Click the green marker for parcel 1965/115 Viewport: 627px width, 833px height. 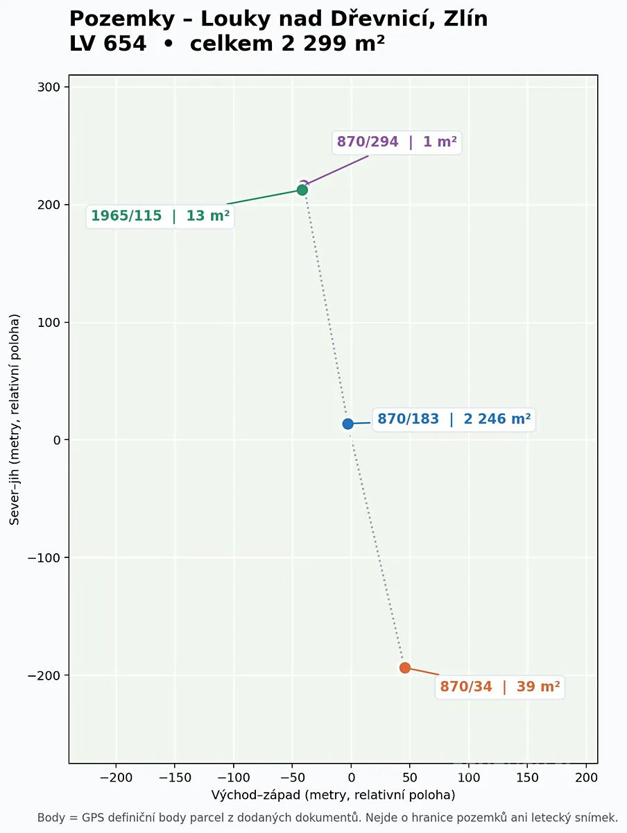[302, 190]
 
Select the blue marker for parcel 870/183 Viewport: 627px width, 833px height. [347, 424]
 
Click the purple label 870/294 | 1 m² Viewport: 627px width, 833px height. [397, 142]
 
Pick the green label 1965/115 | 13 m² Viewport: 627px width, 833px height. [160, 216]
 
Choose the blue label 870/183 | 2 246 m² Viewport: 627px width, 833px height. [454, 419]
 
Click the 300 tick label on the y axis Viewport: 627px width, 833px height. [49, 87]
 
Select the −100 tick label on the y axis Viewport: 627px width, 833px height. [44, 557]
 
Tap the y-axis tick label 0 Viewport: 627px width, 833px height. [57, 440]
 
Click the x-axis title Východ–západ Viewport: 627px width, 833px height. [255, 795]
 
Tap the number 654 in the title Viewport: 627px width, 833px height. [125, 43]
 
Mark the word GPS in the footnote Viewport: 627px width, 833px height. [92, 818]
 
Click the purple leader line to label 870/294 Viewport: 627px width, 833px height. [337, 170]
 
